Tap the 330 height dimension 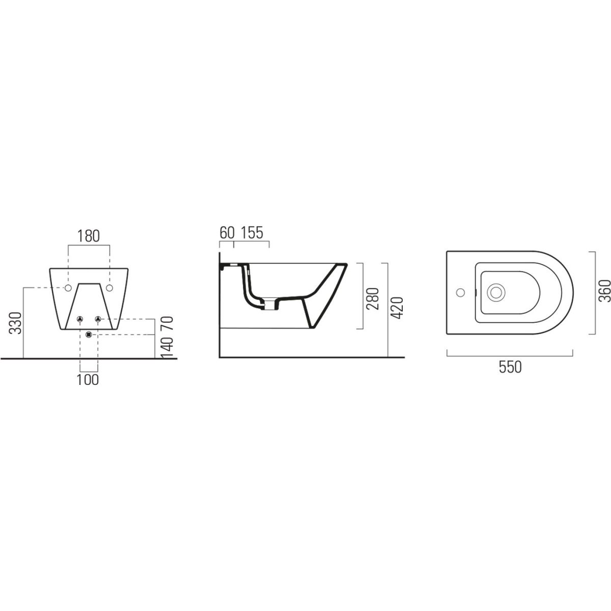tap(15, 323)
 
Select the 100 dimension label tap(88, 379)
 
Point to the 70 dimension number tap(168, 323)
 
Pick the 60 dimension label tap(227, 233)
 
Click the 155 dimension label tap(252, 233)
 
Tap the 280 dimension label tap(373, 299)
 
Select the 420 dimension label tap(396, 308)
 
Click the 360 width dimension tap(605, 291)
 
